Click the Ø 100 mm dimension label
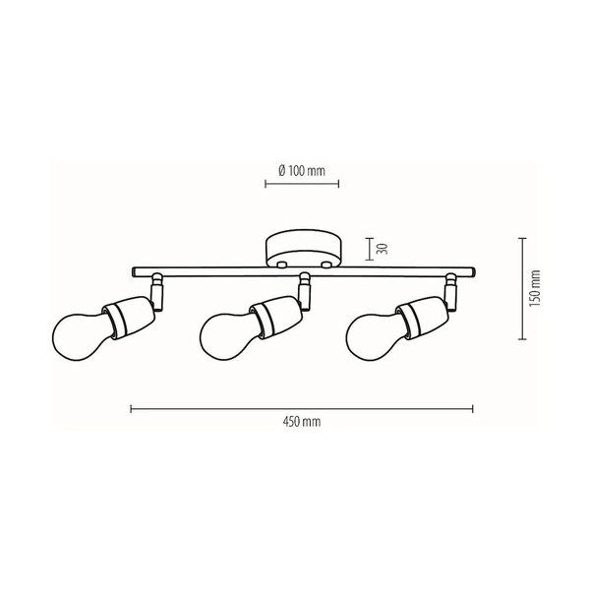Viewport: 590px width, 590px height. [302, 170]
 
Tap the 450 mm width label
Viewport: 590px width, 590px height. [302, 422]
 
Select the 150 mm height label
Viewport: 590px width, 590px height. [534, 287]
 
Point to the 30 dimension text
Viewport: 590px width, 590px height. [383, 250]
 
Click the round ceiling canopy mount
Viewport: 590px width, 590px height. [302, 249]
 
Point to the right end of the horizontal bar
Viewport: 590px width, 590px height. [475, 270]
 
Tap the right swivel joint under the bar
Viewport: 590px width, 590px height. [451, 290]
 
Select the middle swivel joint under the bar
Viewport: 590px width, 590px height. [304, 288]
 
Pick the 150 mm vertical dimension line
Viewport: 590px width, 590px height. [521, 287]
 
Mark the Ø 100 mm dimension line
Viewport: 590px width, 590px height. [302, 183]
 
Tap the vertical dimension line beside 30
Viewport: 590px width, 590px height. [369, 250]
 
